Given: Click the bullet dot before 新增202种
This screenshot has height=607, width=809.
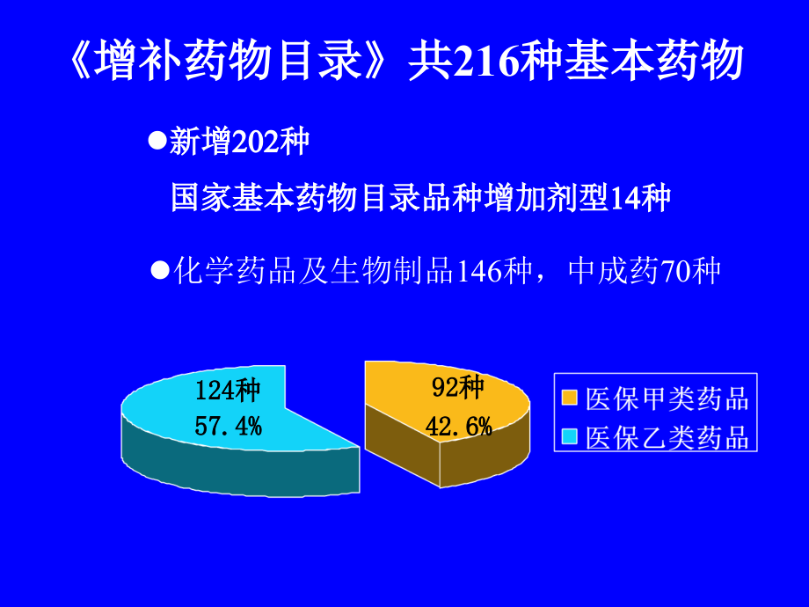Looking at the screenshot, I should pos(158,141).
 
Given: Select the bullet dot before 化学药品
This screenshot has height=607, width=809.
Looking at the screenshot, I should pos(159,269).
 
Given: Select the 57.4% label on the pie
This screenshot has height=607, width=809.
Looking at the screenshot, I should pos(228,428).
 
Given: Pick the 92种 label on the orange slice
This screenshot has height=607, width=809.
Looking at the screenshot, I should pos(457,387).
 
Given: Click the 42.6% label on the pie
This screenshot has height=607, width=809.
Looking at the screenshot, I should pos(457,428).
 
